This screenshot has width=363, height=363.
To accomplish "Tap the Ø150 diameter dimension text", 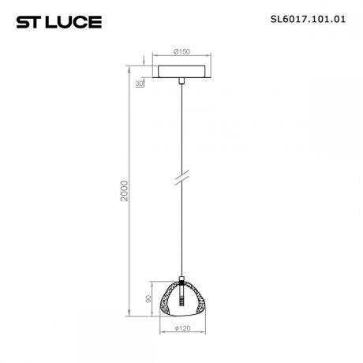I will (x=183, y=52).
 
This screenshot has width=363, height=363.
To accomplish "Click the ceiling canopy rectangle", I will (x=183, y=72).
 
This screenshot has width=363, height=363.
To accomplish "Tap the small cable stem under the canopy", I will (x=183, y=82).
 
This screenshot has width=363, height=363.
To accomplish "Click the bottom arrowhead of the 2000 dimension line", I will (x=133, y=314).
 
